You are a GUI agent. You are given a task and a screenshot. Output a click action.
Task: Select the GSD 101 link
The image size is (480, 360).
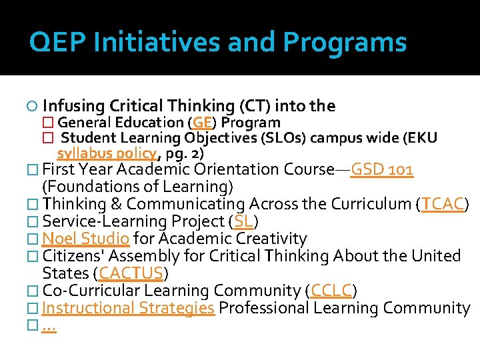tap(382, 169)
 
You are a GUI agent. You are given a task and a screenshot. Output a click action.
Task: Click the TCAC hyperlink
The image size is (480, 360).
tap(443, 204)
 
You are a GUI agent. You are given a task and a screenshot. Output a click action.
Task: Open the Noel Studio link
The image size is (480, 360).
tap(85, 239)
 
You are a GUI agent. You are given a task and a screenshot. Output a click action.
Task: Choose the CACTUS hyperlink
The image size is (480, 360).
tap(131, 273)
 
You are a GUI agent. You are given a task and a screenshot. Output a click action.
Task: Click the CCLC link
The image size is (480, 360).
tap(331, 291)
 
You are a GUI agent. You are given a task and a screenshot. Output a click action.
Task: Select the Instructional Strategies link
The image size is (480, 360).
tap(128, 308)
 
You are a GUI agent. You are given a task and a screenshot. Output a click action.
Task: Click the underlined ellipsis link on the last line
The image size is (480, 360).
tap(49, 326)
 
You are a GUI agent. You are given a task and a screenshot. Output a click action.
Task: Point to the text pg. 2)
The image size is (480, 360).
tap(185, 153)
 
